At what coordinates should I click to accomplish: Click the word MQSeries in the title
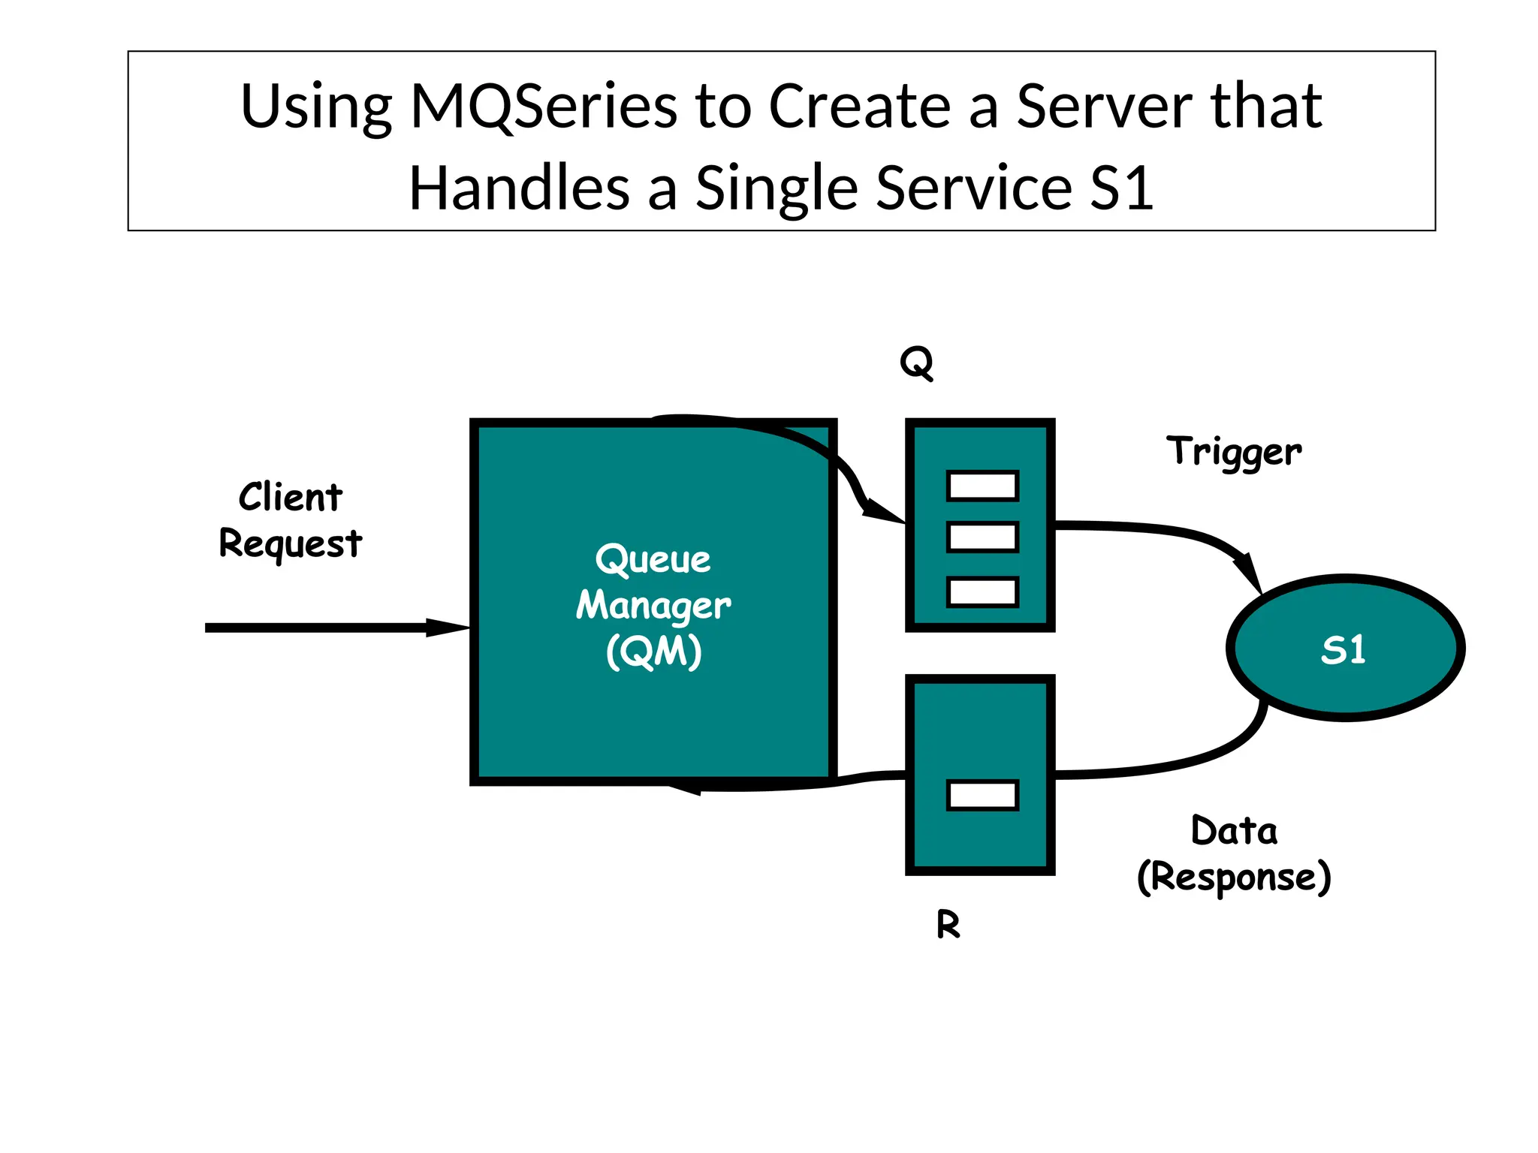click(544, 107)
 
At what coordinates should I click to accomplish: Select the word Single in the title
click(776, 188)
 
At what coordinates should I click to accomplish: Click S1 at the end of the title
click(1121, 188)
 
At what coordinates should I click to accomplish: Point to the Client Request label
click(291, 519)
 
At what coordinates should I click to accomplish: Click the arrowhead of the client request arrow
click(449, 628)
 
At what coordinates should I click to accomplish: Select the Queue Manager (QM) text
click(653, 605)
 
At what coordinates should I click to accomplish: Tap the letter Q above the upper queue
click(916, 363)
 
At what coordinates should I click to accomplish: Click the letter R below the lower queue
click(948, 924)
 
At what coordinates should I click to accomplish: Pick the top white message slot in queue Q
click(982, 486)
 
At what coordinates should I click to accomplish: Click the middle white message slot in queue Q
click(982, 537)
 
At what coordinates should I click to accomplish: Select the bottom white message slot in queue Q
click(982, 592)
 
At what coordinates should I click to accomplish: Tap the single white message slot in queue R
click(982, 795)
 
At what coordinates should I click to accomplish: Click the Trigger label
click(1234, 452)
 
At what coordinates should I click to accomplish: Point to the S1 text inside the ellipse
click(1343, 649)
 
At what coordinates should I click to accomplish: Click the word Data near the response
click(1234, 831)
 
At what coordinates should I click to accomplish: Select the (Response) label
click(1234, 877)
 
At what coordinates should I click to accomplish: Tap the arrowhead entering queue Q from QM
click(883, 512)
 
